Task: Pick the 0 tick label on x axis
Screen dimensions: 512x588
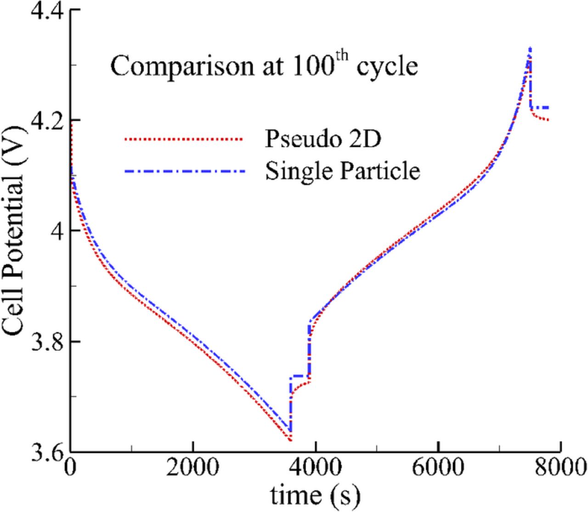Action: (70, 468)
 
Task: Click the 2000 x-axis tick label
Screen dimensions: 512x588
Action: (192, 468)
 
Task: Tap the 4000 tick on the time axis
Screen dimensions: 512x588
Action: (316, 468)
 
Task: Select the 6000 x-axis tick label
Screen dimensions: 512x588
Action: (438, 468)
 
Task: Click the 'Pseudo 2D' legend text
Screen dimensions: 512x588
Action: (322, 139)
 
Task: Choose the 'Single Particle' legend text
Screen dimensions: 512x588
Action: (342, 171)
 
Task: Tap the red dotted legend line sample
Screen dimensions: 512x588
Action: (183, 138)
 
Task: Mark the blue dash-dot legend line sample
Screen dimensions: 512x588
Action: (183, 171)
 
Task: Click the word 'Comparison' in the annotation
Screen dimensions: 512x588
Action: (182, 67)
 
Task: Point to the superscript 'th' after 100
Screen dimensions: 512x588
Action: (341, 57)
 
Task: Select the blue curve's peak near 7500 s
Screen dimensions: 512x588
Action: (530, 48)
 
